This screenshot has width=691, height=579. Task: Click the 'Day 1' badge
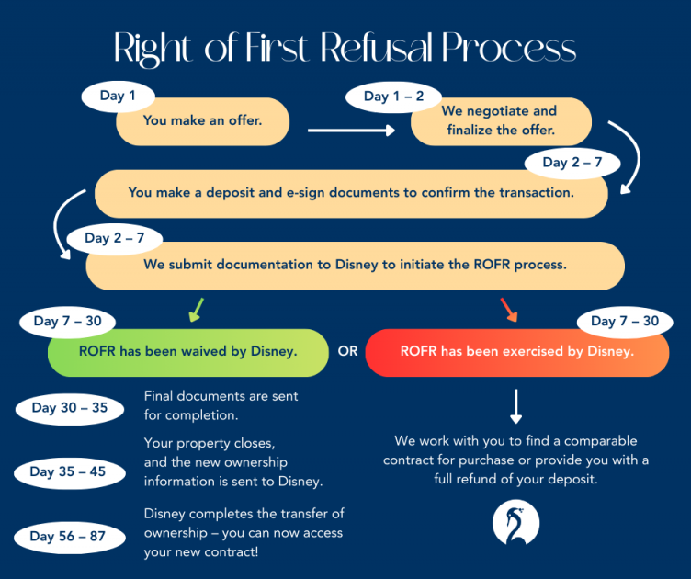(118, 96)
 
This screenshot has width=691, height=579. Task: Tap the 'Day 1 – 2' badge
(393, 96)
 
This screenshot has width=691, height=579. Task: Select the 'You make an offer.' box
(202, 120)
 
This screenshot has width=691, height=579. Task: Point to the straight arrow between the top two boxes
(351, 131)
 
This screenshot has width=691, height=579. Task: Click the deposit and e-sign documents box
(351, 193)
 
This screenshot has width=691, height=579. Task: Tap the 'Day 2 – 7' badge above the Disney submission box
(114, 239)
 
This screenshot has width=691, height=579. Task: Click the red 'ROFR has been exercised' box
(516, 352)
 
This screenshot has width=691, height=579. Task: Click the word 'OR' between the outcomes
(347, 352)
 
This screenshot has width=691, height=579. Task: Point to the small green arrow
(195, 309)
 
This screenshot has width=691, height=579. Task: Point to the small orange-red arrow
(508, 309)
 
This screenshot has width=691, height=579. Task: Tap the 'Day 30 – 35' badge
(69, 408)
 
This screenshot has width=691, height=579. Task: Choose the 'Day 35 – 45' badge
(67, 472)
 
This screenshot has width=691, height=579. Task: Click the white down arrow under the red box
(516, 405)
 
